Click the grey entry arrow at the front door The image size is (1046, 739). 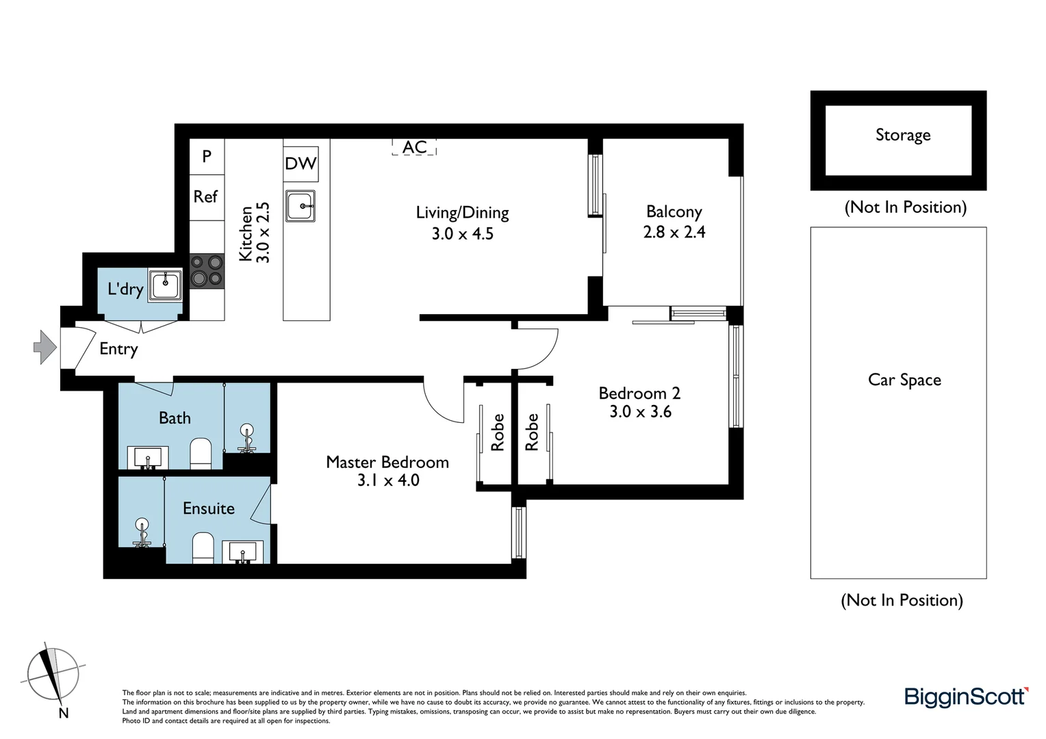click(44, 347)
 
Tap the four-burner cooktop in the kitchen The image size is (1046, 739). click(207, 270)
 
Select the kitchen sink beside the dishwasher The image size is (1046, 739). click(301, 205)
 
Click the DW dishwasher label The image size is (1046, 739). click(301, 163)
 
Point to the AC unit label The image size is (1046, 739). click(414, 147)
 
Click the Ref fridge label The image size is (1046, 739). click(205, 197)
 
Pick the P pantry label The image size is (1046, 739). click(207, 156)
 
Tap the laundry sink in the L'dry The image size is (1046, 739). click(166, 284)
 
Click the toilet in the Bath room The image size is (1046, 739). click(201, 454)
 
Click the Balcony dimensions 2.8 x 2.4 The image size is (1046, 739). click(674, 233)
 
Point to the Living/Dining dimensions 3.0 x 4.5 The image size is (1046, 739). click(462, 234)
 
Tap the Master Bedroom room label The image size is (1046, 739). click(387, 463)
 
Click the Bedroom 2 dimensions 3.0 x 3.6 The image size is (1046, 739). click(640, 412)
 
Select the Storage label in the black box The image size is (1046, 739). click(902, 135)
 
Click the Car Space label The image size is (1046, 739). click(904, 380)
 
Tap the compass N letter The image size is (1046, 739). click(64, 713)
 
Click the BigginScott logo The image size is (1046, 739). click(966, 697)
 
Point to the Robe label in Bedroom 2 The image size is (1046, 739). click(532, 432)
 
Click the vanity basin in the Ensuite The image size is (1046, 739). click(242, 552)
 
